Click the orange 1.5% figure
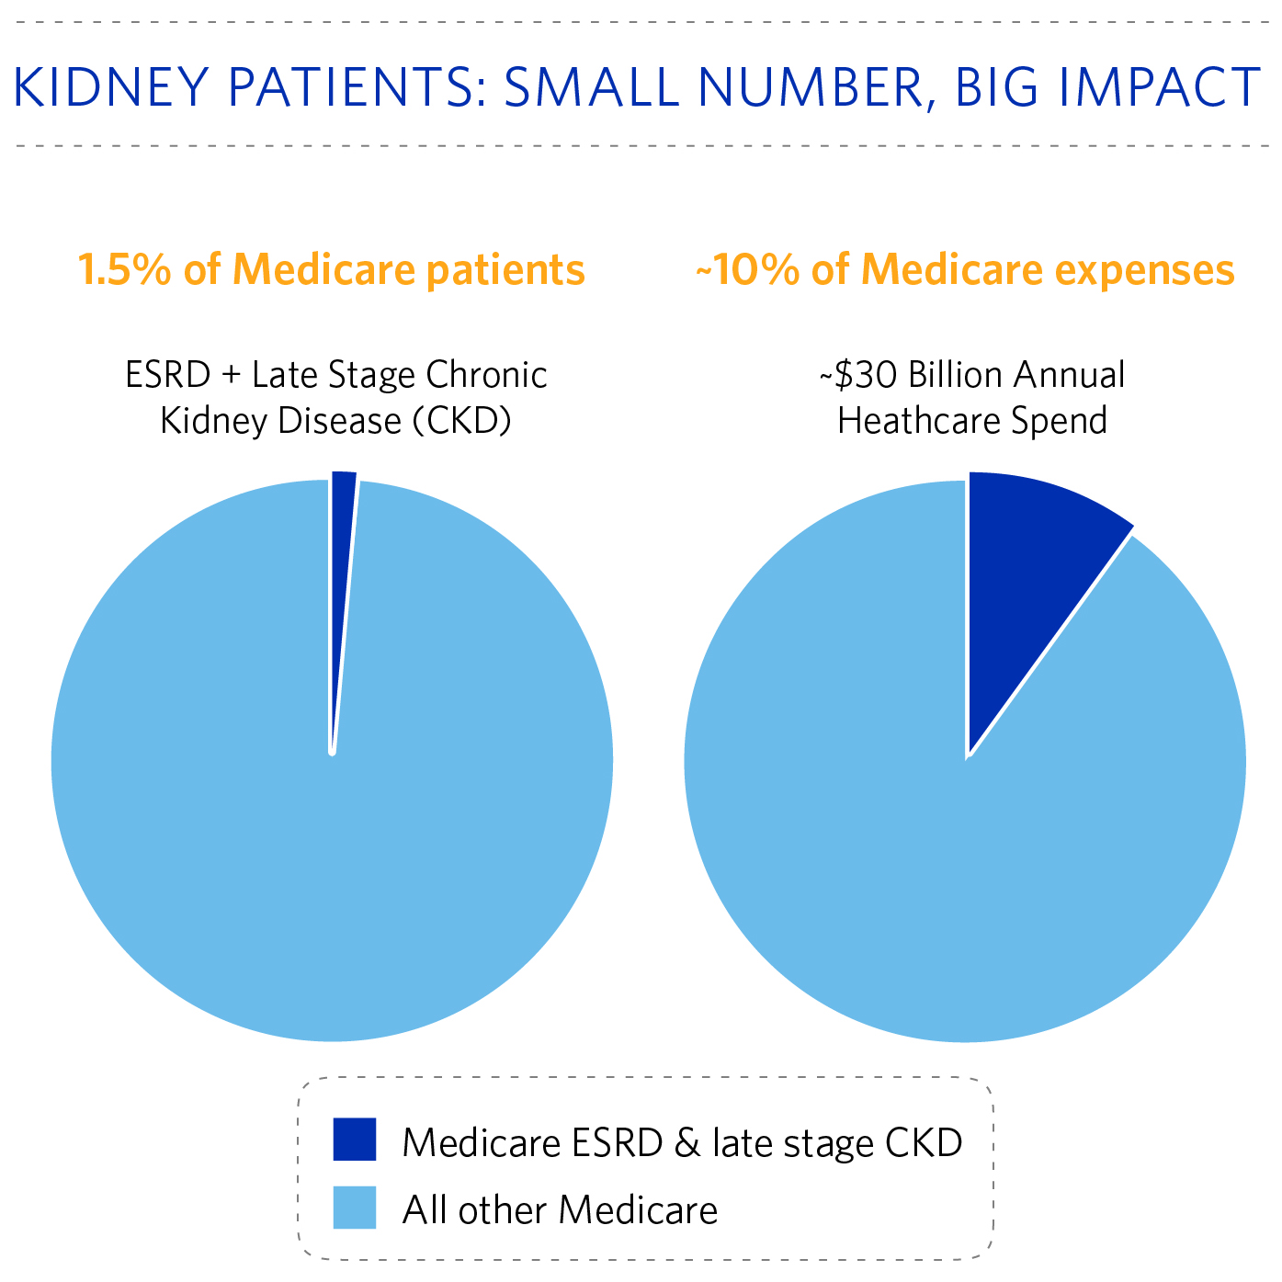(124, 270)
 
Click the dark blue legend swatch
(354, 1139)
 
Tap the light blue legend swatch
(354, 1208)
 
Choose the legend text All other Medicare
(560, 1209)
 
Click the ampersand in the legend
(686, 1142)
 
